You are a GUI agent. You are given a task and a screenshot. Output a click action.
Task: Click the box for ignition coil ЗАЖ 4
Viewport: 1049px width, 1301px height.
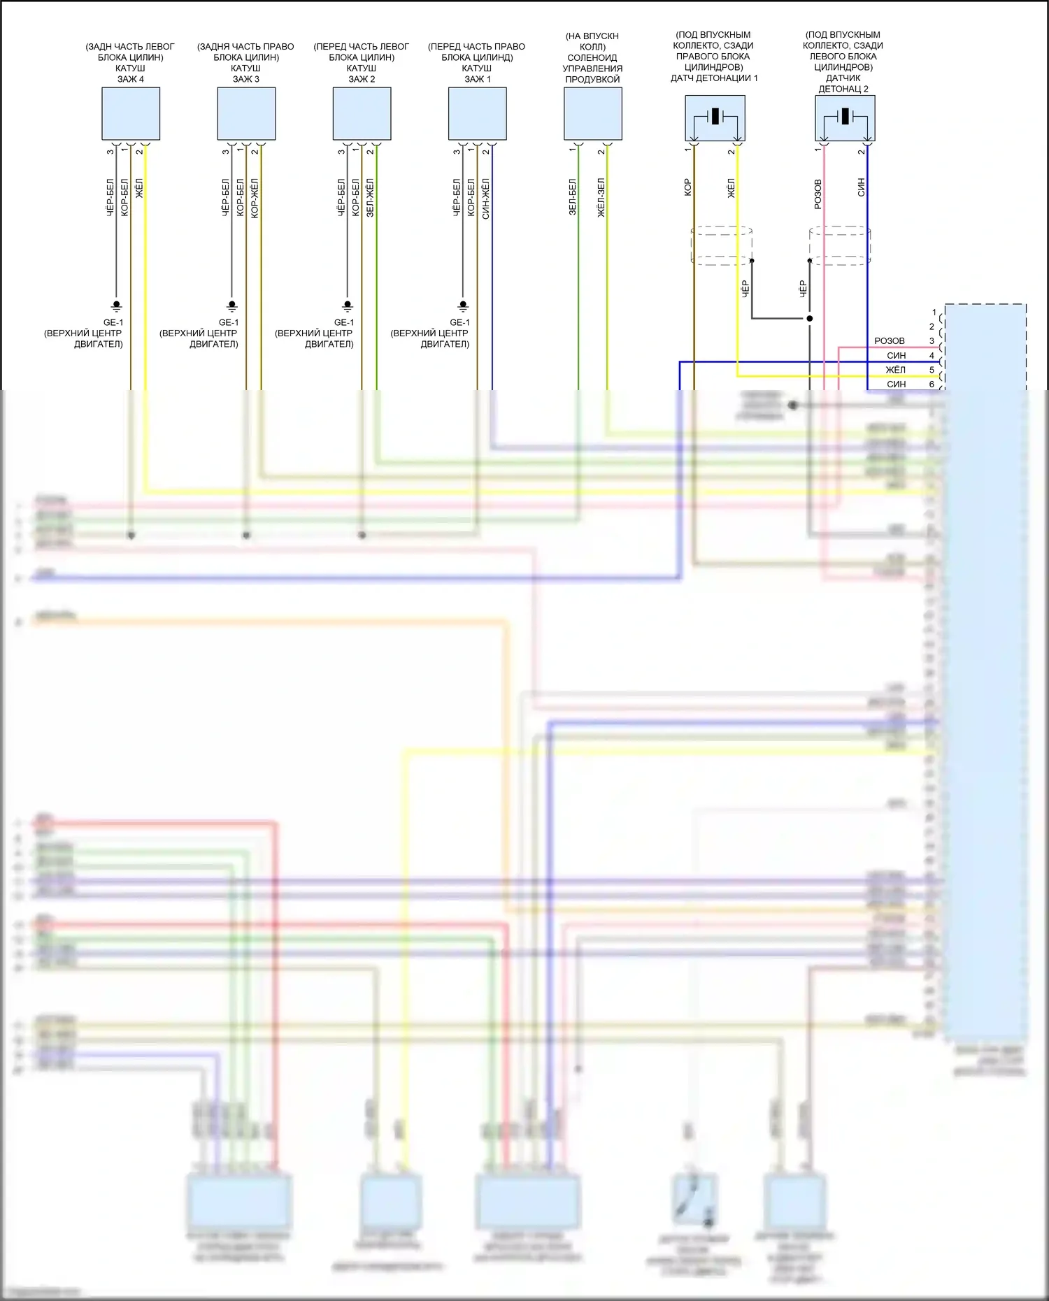(x=131, y=113)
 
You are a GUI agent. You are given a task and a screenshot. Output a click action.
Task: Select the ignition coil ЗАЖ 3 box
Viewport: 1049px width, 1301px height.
(x=246, y=113)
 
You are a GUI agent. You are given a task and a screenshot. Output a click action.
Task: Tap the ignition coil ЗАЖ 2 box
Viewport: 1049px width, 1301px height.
(x=362, y=113)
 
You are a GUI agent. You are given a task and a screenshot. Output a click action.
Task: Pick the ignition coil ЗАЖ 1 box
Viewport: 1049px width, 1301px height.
(x=477, y=113)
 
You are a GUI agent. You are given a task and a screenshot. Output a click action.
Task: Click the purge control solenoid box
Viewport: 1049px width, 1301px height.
(x=592, y=113)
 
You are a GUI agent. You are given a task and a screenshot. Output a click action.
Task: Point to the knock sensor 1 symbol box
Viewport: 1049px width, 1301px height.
(x=715, y=118)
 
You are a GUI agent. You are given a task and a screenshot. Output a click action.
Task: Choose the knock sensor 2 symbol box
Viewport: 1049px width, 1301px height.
(x=845, y=118)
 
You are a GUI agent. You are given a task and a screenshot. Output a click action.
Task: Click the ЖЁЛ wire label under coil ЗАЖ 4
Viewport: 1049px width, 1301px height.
(x=139, y=189)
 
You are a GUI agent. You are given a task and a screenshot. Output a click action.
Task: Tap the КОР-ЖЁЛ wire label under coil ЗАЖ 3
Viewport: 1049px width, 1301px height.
(x=255, y=198)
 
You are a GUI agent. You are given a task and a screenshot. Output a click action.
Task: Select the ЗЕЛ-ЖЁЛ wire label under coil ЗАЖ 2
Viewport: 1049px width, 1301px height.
(x=370, y=198)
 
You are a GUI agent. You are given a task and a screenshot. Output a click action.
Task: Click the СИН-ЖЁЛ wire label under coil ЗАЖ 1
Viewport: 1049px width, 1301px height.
(x=486, y=199)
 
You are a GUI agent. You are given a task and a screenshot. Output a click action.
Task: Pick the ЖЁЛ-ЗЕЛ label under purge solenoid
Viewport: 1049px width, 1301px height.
(x=601, y=197)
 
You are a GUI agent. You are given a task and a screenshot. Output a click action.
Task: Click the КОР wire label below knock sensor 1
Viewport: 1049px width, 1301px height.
(x=688, y=187)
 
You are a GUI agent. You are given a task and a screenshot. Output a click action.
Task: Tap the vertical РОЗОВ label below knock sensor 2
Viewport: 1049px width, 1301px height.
(x=818, y=194)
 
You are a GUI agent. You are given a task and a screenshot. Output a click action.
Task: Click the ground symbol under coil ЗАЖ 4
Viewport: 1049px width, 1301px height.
(x=117, y=306)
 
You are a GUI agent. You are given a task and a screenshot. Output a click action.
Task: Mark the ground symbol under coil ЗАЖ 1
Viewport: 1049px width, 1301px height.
(x=463, y=306)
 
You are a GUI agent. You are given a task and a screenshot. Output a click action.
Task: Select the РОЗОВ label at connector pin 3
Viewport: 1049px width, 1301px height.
(x=890, y=341)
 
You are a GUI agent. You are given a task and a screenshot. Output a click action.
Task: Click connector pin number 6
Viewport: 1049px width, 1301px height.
(x=932, y=384)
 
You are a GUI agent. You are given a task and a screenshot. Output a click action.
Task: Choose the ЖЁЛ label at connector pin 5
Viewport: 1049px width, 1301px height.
(x=896, y=370)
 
